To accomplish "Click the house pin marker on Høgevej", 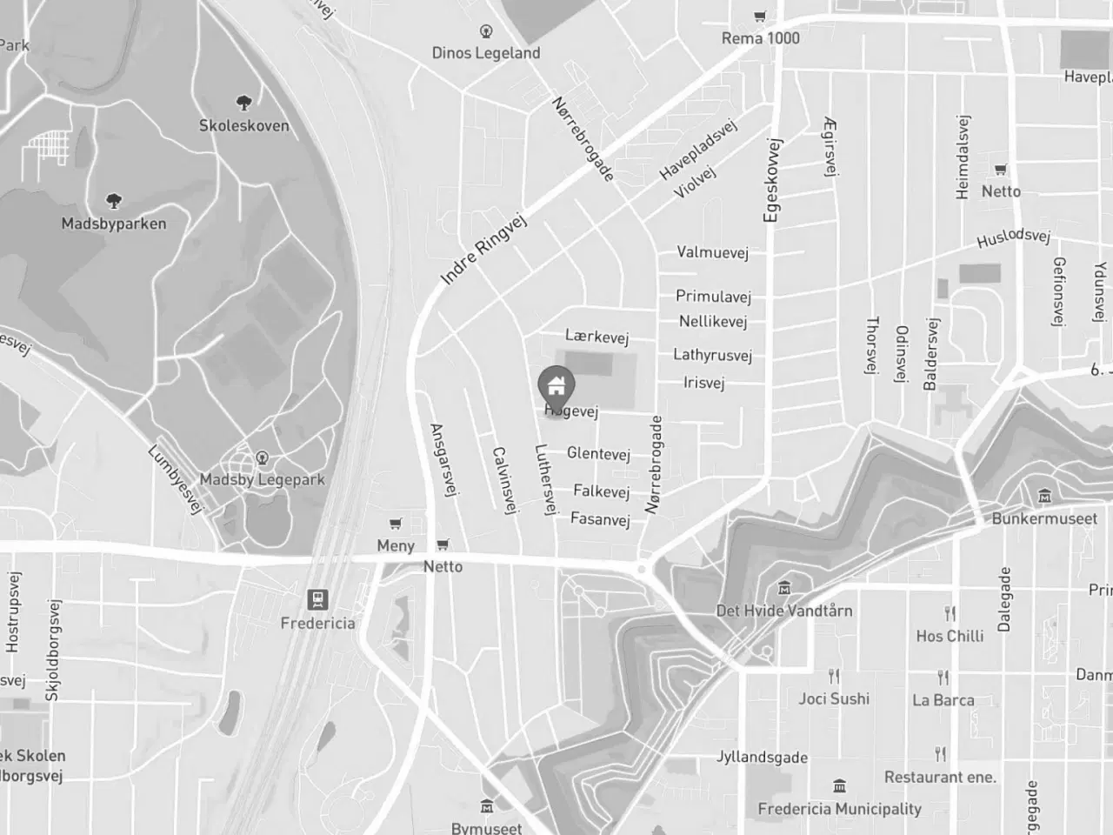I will coord(556,384).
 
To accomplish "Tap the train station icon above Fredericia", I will coord(317,599).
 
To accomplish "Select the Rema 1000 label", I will coord(760,38).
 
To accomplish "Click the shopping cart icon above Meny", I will coord(396,524).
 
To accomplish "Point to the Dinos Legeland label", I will coord(486,53).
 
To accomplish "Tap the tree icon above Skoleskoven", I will coord(244,102).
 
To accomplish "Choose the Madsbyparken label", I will coord(114,224).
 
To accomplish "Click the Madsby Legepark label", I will coord(262,479).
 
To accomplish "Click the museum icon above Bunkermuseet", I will coord(1044,497).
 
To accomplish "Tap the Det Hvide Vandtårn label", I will coord(783,611).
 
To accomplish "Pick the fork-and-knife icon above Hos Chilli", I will coord(950,614).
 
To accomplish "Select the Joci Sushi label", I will coord(834,698).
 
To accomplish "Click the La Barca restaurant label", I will coord(943,700).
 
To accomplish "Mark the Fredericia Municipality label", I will coord(839,809).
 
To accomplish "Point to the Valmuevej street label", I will coord(712,253).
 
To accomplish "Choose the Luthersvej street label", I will coord(545,479).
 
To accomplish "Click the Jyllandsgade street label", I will coord(762,758).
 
